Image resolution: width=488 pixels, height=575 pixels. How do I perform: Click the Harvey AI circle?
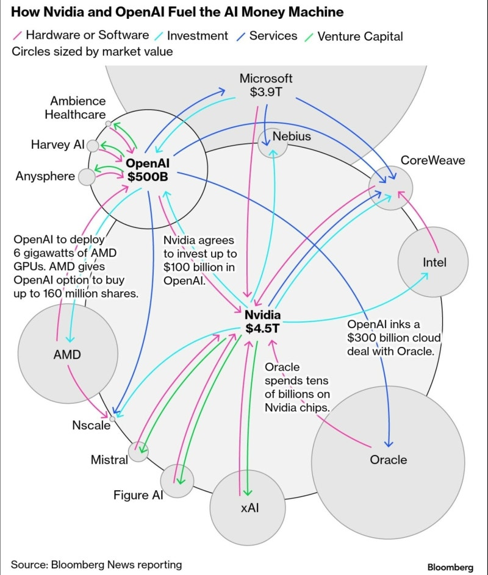[x=93, y=146]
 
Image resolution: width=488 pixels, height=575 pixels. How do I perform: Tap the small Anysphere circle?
[x=87, y=177]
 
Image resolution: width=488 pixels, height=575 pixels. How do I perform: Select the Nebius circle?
[x=272, y=143]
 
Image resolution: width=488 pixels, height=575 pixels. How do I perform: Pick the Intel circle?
[x=434, y=262]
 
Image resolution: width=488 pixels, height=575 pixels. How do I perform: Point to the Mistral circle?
[x=138, y=452]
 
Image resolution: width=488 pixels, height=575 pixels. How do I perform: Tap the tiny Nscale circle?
[x=112, y=419]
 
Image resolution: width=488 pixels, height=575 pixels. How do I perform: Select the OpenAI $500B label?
[x=148, y=170]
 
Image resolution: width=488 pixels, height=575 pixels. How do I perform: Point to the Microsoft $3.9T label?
[x=266, y=85]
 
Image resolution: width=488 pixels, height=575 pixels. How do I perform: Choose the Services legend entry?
[x=272, y=36]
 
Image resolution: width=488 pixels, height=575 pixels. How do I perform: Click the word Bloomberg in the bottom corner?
[x=450, y=567]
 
